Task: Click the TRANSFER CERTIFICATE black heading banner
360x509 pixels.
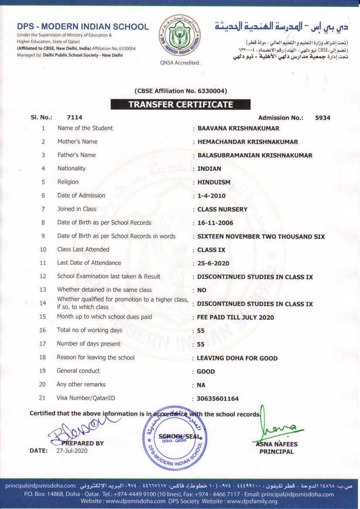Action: [180, 104]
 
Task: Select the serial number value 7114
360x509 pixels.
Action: [74, 118]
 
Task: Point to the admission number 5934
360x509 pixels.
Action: [323, 118]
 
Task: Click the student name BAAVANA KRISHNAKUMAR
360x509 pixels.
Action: [238, 128]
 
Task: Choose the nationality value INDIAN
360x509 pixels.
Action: [209, 169]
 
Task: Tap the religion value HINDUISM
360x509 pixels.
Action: [214, 182]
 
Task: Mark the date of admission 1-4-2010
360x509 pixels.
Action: [211, 196]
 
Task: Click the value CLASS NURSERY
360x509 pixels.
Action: [222, 209]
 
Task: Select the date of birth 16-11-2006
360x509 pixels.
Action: [215, 223]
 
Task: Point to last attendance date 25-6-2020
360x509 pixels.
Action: [213, 263]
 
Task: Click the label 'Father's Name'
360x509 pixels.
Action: [77, 155]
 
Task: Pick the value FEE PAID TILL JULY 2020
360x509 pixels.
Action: [236, 317]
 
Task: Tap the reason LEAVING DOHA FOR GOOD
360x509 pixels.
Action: [237, 358]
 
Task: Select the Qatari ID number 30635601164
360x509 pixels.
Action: [218, 399]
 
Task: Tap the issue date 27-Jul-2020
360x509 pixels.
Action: [72, 451]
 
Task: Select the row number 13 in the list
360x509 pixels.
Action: [43, 290]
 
